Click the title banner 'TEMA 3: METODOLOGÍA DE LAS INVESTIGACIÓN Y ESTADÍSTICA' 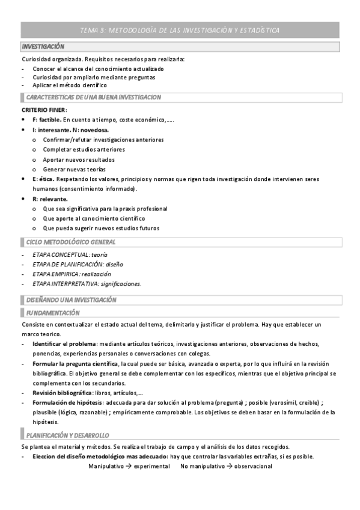point(180,30)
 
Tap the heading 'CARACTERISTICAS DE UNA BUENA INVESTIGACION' point(93,97)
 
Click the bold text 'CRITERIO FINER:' point(44,110)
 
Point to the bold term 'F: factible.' point(47,120)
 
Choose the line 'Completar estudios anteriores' point(84,150)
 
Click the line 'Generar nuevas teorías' point(74,170)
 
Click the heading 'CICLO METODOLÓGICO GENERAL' point(71,242)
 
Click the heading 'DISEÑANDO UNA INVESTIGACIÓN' point(72,299)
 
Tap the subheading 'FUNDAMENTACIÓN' point(53,313)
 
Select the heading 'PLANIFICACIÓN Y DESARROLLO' point(67,435)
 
